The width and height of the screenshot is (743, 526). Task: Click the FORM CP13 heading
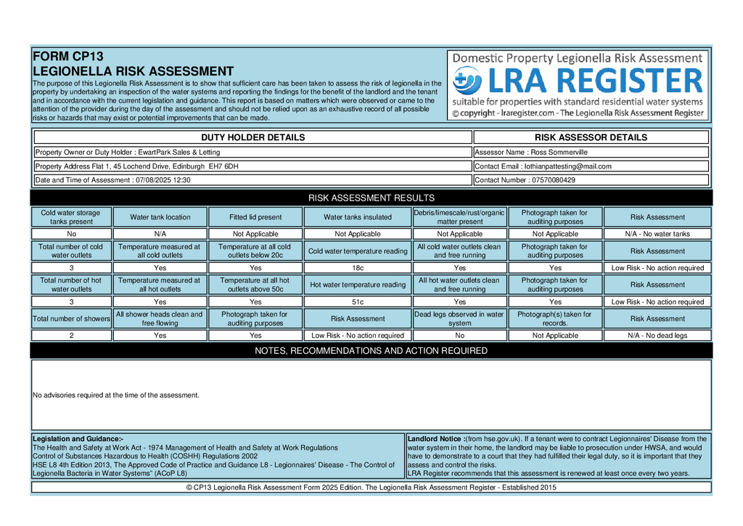[69, 56]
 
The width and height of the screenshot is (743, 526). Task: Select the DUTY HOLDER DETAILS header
[253, 137]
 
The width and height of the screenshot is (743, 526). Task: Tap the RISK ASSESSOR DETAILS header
[591, 137]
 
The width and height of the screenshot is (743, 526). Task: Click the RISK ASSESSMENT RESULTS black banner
[371, 198]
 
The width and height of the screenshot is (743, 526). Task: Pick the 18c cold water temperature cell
[358, 268]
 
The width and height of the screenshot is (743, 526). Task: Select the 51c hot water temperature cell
[358, 302]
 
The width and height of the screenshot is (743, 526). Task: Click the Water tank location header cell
[160, 217]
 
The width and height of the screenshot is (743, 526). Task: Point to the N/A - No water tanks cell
[657, 234]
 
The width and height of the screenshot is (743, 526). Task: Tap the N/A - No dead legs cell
[657, 336]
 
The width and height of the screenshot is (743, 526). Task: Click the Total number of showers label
[71, 319]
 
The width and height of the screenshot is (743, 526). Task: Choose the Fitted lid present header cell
[255, 217]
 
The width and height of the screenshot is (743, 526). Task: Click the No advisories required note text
[116, 395]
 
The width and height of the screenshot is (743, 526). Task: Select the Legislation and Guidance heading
[78, 439]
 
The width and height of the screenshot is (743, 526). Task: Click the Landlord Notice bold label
[435, 439]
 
